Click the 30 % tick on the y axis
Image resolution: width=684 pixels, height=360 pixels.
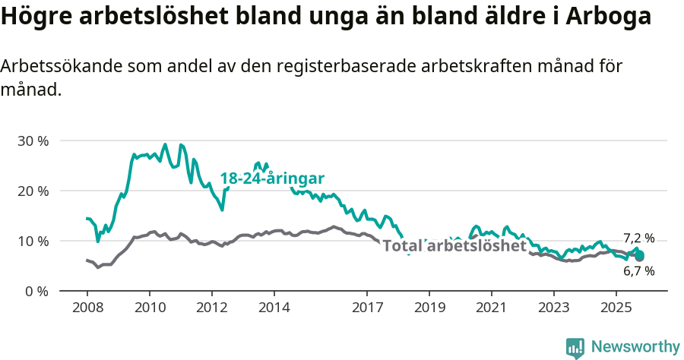[x=33, y=141]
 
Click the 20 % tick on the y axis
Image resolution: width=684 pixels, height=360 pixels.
[x=33, y=191]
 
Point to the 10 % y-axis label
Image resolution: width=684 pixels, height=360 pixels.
[x=33, y=241]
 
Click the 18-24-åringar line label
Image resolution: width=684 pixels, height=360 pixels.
[x=272, y=178]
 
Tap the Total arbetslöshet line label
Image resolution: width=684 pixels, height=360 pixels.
[x=454, y=246]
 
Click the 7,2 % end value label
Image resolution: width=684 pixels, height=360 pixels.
[x=638, y=238]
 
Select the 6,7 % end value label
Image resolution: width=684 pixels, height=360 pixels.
[x=638, y=270]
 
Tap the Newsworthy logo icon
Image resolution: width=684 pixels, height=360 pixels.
[x=575, y=348]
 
